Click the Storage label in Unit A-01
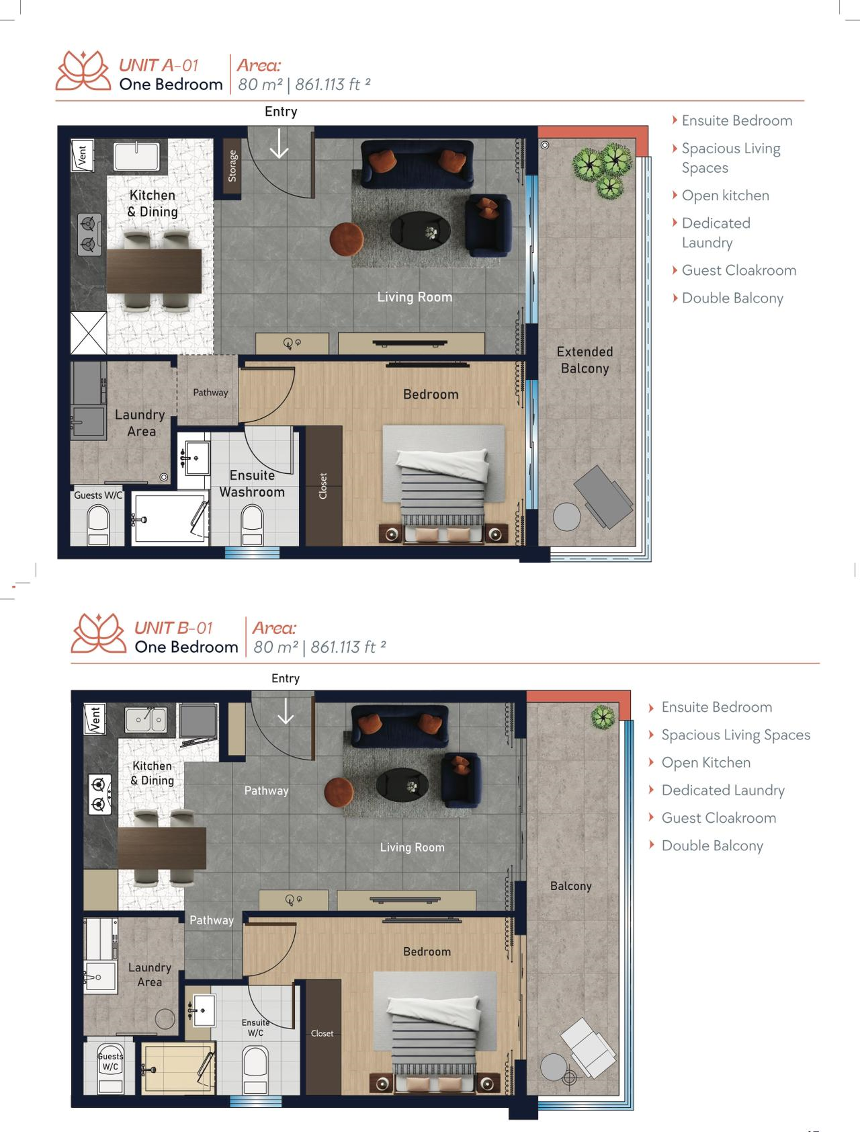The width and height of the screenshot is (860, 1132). (232, 166)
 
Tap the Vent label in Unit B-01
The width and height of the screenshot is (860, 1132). (95, 719)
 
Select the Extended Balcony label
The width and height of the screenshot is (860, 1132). (585, 360)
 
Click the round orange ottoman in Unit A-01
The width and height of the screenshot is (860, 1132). (347, 239)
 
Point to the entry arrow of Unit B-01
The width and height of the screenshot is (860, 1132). (286, 711)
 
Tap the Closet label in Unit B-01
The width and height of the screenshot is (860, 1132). (322, 1033)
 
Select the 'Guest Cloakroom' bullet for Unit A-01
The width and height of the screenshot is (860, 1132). (739, 270)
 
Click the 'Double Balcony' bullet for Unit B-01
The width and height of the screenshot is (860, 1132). (712, 846)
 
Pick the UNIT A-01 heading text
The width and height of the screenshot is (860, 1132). (159, 65)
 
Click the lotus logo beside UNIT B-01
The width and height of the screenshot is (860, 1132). (98, 633)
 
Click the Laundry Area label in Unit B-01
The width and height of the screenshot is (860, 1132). (149, 975)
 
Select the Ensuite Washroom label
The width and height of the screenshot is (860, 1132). (252, 483)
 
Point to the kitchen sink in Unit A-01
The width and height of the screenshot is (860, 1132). (136, 156)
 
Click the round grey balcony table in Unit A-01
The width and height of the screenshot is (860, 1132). (566, 517)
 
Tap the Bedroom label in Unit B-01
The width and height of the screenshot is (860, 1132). (427, 952)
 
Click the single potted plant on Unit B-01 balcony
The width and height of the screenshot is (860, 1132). (603, 717)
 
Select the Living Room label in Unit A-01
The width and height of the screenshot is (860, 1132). (415, 297)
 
